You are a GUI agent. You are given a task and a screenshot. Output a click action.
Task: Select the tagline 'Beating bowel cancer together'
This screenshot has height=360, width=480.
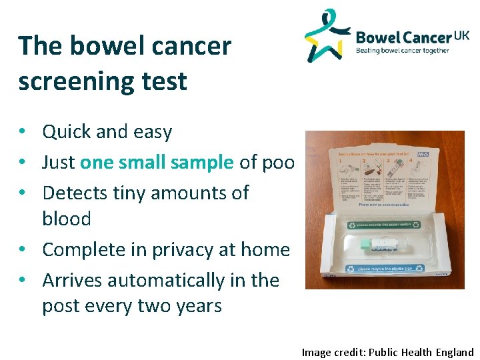(402, 50)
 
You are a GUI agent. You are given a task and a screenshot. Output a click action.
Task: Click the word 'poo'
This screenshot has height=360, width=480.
(279, 162)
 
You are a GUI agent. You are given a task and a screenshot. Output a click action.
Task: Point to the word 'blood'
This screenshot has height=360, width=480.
(67, 219)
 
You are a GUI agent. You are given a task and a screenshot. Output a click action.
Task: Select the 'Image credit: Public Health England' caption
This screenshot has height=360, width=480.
(387, 352)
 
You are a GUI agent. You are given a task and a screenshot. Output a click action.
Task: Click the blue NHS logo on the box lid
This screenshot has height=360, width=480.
(422, 154)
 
